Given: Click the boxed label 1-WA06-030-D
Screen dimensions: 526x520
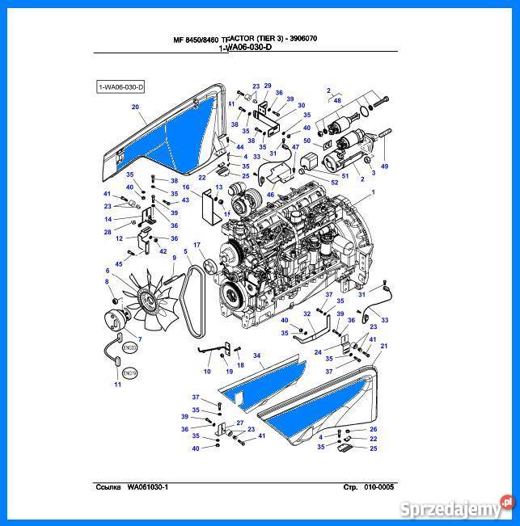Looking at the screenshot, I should coord(120,86).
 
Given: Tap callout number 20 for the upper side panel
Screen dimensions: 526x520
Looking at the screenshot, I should coord(136,107).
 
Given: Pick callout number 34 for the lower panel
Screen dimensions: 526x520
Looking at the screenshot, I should coord(256,356).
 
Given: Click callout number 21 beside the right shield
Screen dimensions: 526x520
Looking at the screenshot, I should coord(383,346).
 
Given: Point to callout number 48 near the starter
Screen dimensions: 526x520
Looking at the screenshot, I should coord(337,100).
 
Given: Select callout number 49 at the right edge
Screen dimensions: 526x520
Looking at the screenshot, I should coord(385,166).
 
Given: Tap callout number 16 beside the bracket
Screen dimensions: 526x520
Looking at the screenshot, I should coord(185,187).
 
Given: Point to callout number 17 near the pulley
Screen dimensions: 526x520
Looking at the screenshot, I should coord(196,245).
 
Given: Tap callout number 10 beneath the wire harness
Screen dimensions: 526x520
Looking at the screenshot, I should coord(207,372).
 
